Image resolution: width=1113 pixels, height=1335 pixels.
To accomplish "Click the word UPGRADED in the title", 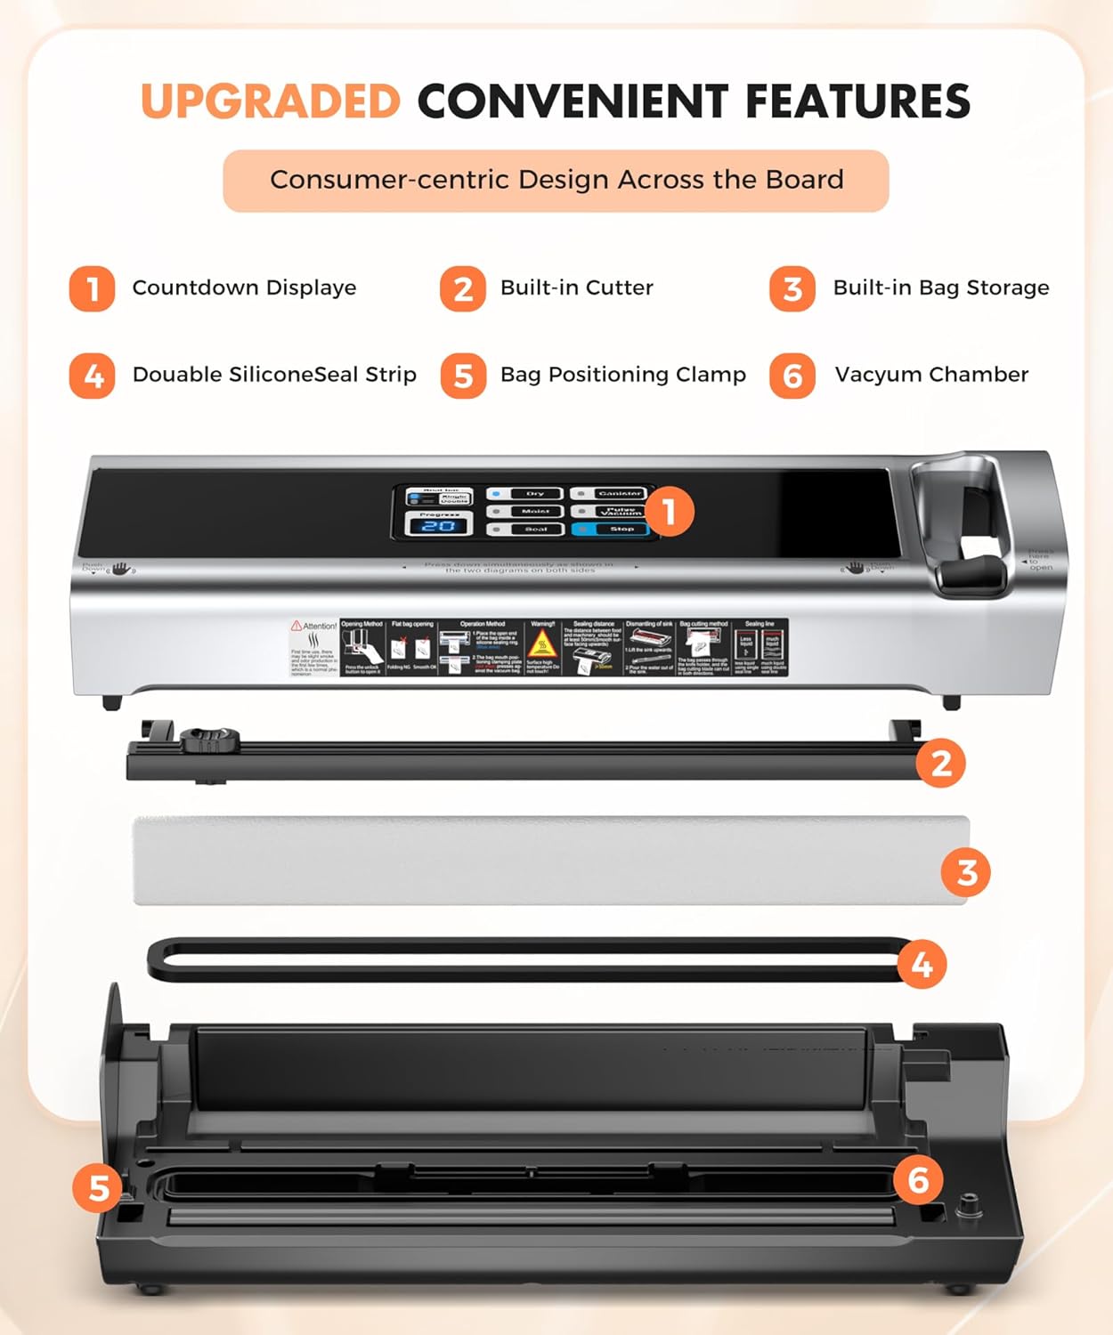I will [271, 101].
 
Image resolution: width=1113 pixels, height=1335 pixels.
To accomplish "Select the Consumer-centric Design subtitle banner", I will [556, 181].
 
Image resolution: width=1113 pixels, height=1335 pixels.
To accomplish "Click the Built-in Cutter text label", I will [576, 287].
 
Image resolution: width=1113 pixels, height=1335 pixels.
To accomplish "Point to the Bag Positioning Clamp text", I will [622, 375].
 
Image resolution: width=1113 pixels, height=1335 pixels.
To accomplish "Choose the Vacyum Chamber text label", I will [930, 375].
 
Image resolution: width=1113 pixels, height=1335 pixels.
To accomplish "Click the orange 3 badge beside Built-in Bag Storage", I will [792, 289].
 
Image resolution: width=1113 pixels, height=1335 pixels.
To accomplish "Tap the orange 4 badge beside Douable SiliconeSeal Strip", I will [92, 376].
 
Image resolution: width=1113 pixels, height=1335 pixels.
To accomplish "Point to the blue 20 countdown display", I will [438, 526].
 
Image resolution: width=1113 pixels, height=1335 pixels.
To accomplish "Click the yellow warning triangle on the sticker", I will [542, 644].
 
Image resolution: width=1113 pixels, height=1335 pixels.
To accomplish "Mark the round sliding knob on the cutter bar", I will [209, 740].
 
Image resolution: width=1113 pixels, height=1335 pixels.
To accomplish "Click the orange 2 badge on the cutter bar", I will [940, 764].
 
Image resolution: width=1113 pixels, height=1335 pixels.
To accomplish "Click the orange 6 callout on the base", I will [917, 1180].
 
